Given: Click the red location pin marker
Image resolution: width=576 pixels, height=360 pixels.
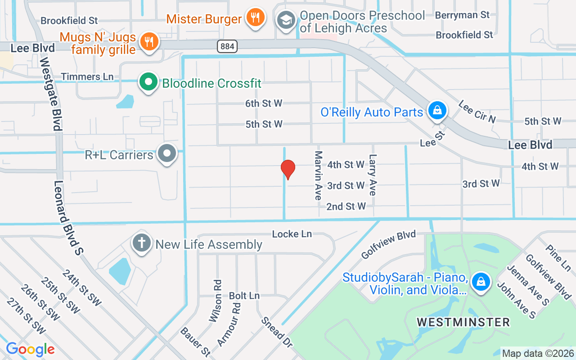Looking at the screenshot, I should (288, 170).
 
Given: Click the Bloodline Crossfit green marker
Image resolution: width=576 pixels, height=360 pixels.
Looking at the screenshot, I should (148, 83).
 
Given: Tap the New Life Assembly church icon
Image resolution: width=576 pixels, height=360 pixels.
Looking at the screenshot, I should (141, 243).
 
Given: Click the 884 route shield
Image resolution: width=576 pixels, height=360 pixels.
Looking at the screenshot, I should (227, 46).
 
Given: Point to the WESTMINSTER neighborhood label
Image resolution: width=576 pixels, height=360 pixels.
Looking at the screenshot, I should (463, 322).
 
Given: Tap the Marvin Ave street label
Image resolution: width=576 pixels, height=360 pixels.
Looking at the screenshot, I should (318, 175).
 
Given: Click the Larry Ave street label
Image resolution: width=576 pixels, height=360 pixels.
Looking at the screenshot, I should (372, 175).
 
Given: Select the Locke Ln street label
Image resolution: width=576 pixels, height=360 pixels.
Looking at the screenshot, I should (292, 234).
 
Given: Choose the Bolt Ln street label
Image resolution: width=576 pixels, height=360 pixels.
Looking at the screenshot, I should (244, 296).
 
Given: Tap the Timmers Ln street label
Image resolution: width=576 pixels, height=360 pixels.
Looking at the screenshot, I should (87, 77).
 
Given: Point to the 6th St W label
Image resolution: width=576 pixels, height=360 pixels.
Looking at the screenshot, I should (264, 103).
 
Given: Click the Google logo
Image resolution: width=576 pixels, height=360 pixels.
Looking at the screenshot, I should (30, 349).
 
